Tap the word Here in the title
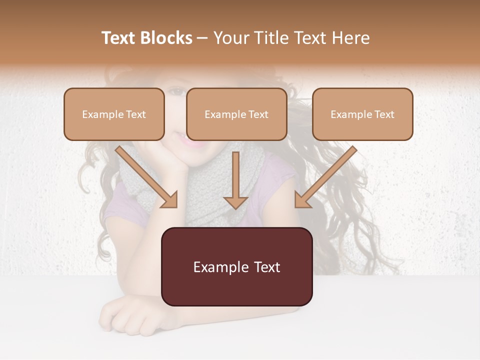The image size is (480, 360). coord(351,38)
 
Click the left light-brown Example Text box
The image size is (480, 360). coord(114,114)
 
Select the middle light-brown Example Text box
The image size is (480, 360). coord(236,114)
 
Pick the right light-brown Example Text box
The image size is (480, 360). coord(362,114)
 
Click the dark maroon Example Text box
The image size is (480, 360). coord(236,267)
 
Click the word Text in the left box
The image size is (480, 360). coord(136,114)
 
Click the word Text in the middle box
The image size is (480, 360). coord(258,114)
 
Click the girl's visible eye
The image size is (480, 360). coord(176,91)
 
